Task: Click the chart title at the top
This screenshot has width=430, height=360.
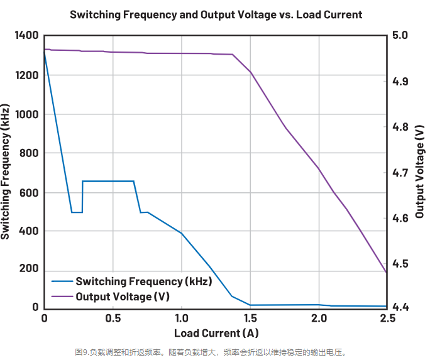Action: (x=216, y=14)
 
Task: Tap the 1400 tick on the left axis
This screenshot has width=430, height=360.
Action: (x=26, y=36)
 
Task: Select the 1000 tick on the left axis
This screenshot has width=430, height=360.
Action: (x=26, y=114)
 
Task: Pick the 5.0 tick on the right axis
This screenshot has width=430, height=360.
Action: (x=400, y=36)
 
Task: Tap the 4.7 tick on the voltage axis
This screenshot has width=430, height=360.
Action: (x=400, y=172)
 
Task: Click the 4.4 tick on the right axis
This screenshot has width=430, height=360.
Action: (x=400, y=307)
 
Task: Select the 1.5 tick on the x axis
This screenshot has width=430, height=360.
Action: (x=250, y=318)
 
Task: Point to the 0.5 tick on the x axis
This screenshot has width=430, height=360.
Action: (x=113, y=318)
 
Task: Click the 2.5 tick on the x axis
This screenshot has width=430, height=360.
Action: (x=387, y=318)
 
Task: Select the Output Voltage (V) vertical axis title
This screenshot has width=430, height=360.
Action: (x=419, y=171)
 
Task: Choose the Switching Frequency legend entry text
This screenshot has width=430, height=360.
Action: (x=143, y=281)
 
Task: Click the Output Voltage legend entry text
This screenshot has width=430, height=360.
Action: (x=123, y=296)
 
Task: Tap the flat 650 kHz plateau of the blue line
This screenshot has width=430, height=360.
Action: (x=108, y=181)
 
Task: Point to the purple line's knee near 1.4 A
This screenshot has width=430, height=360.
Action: (x=233, y=55)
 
